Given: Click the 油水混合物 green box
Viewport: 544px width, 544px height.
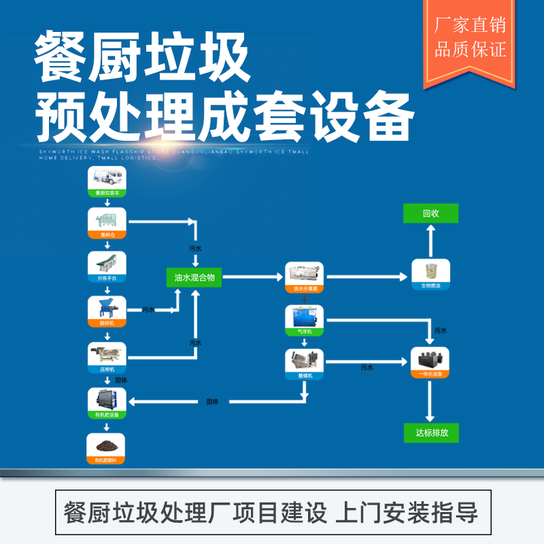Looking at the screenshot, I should click(x=194, y=277).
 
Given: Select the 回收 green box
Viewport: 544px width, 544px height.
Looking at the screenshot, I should click(x=430, y=214).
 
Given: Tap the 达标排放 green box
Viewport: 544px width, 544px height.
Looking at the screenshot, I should click(x=431, y=432).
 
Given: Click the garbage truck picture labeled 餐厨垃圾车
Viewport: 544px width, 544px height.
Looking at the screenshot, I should click(x=107, y=182).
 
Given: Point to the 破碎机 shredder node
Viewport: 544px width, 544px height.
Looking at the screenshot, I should click(x=107, y=310).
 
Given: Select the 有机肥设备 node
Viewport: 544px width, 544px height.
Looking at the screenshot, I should click(x=107, y=402).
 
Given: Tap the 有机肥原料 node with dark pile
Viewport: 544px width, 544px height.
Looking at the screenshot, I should click(x=107, y=449).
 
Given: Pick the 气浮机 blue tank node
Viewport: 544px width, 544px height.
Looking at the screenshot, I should click(x=305, y=320).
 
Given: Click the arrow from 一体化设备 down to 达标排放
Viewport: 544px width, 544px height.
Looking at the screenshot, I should click(x=430, y=401).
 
